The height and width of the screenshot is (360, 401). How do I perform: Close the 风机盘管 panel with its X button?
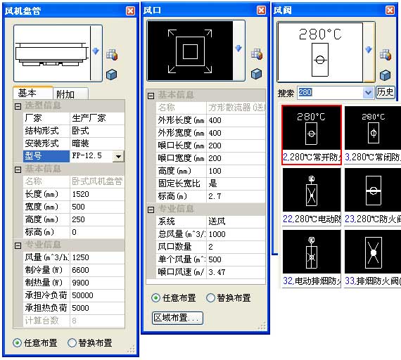[x=131, y=11]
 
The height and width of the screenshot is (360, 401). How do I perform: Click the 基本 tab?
[x=32, y=94]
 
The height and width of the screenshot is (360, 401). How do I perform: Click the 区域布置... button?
[x=178, y=318]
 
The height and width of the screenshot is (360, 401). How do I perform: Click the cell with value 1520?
[x=96, y=194]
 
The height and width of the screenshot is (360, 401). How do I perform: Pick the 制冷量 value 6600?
[x=96, y=269]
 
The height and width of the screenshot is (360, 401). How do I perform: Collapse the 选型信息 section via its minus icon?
[x=18, y=106]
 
